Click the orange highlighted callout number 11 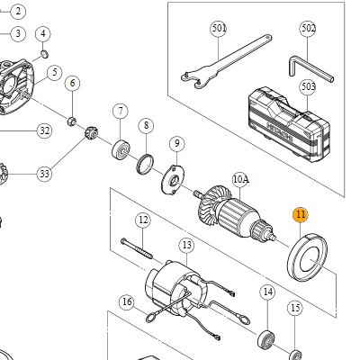click(x=301, y=215)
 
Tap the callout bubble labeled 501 click(x=219, y=29)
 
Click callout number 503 click(x=308, y=87)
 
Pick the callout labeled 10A click(x=240, y=180)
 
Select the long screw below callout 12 click(x=137, y=248)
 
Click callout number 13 click(x=186, y=246)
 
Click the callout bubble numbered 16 click(x=127, y=301)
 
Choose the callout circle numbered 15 click(x=295, y=308)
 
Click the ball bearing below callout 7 click(x=120, y=149)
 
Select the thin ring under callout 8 click(x=145, y=164)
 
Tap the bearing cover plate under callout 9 click(x=173, y=180)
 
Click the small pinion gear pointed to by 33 click(x=90, y=133)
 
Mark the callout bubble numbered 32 click(x=44, y=131)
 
